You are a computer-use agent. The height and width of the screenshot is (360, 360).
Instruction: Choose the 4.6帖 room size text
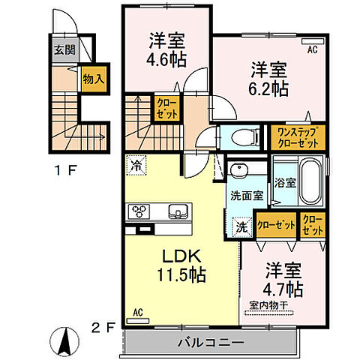166,59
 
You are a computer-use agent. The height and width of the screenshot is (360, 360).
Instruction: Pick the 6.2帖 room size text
268,88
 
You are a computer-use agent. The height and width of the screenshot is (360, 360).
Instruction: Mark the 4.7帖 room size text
283,287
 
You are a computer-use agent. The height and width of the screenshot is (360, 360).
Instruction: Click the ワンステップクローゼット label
297,136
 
